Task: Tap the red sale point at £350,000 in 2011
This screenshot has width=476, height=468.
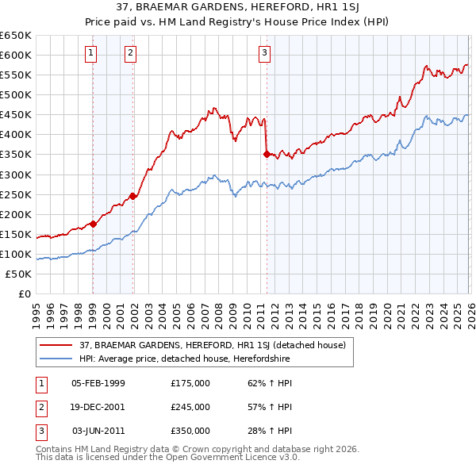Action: [x=267, y=154]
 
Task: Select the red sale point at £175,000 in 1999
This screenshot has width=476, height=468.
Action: [x=93, y=224]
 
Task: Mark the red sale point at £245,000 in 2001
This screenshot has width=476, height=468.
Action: [x=133, y=196]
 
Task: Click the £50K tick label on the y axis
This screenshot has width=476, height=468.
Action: [x=18, y=274]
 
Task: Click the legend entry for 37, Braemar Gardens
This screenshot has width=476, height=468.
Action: [x=212, y=345]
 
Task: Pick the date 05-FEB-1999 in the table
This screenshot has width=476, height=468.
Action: [x=98, y=383]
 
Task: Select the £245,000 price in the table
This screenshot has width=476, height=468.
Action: [x=190, y=407]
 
